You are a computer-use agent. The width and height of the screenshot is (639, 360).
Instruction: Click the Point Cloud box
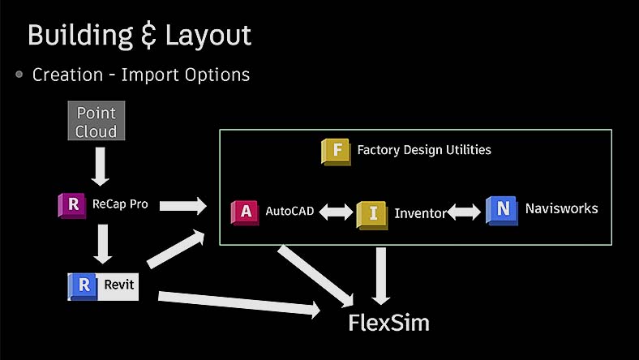96,122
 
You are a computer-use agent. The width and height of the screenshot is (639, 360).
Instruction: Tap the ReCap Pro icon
72,205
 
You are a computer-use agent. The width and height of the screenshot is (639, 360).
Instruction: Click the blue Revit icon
83,285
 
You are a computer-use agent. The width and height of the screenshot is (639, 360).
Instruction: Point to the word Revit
118,285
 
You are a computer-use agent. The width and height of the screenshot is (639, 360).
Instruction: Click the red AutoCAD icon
245,212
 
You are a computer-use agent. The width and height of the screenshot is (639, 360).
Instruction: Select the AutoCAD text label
289,211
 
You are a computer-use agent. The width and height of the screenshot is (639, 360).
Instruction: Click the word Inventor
420,214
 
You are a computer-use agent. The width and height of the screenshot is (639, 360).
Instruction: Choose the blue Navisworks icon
502,210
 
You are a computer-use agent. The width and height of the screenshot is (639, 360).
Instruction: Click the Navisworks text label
561,208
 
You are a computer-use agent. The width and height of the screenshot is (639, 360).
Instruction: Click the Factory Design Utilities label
423,150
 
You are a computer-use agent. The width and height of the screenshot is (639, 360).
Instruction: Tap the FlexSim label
388,323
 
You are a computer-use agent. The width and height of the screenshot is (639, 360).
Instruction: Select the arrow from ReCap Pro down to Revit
102,243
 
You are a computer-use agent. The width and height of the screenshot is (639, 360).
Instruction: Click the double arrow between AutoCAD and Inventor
336,212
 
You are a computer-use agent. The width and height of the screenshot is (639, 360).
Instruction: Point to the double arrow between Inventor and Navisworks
465,212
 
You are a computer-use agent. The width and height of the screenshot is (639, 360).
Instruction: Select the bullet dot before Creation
19,75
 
